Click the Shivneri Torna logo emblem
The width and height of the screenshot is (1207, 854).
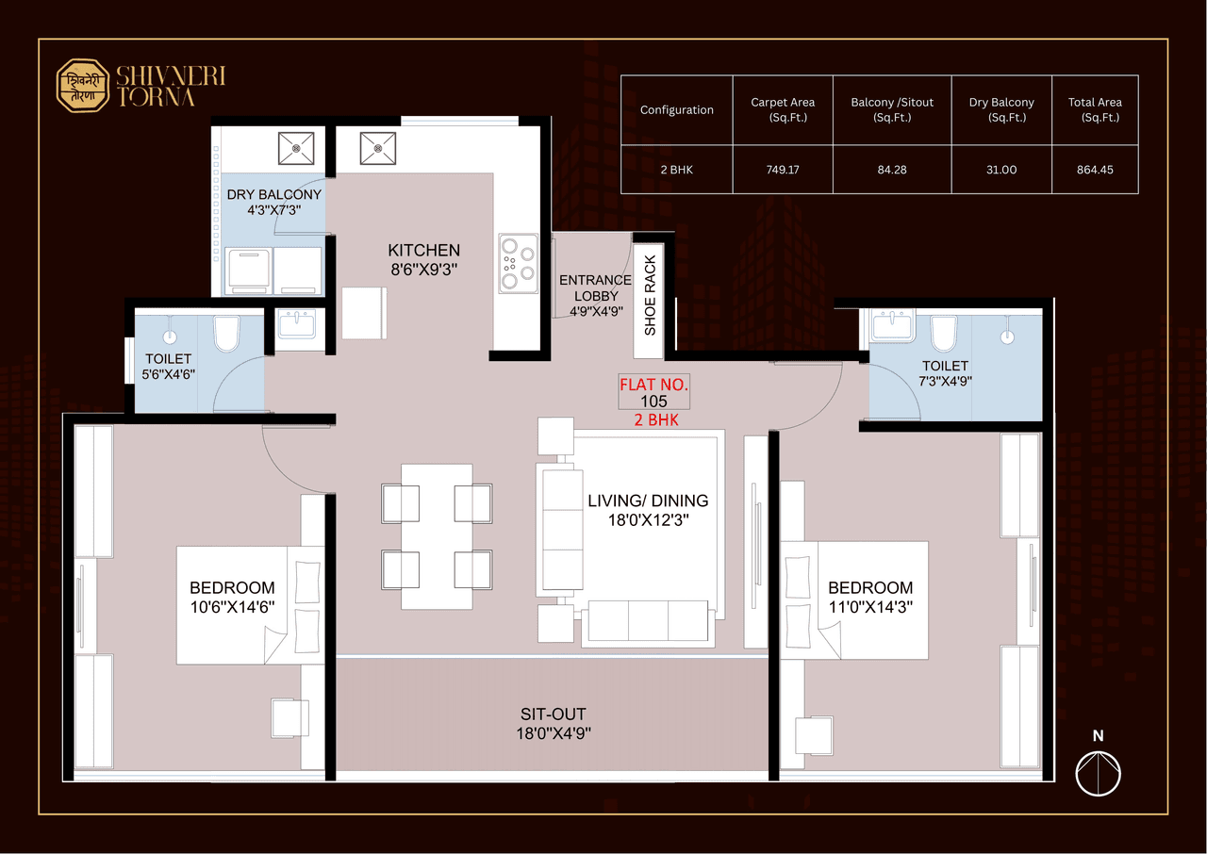[83, 87]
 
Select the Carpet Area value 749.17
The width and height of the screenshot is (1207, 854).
[783, 171]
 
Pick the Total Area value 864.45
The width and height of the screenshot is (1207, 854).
[1095, 171]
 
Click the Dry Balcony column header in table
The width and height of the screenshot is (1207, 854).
[1001, 109]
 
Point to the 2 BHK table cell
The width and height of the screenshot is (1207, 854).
[676, 171]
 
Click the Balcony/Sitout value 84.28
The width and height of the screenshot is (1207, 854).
[891, 171]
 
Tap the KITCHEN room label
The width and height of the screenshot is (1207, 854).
[424, 251]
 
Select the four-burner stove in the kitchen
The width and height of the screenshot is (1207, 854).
[518, 260]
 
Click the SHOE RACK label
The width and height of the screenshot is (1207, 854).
[650, 296]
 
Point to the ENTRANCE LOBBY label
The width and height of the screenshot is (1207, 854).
[595, 287]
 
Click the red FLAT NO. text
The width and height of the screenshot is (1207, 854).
[654, 386]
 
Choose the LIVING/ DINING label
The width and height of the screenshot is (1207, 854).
[647, 501]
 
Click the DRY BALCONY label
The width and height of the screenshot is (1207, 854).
[273, 195]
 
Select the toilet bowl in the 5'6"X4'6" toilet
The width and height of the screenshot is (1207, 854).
[227, 333]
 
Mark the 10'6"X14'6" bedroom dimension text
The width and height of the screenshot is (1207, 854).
[232, 607]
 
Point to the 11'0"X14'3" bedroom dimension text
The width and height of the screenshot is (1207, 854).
[870, 606]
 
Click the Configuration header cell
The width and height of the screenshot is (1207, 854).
[676, 109]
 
